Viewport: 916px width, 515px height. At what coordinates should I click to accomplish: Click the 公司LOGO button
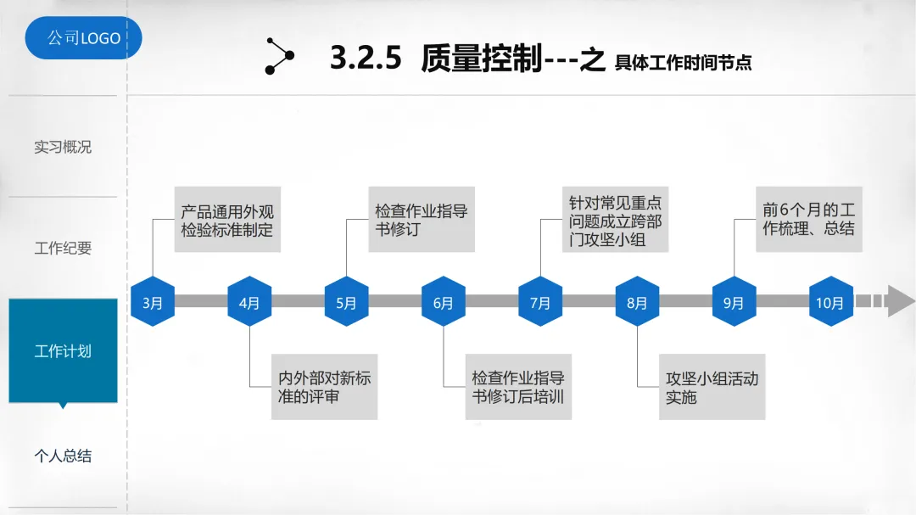83,38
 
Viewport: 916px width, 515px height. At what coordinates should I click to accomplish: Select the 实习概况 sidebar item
63,147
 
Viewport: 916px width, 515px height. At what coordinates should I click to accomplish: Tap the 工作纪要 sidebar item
63,249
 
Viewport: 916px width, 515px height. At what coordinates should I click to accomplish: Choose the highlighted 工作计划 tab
63,350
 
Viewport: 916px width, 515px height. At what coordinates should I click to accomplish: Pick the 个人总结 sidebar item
63,456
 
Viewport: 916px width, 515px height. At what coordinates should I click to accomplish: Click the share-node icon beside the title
279,56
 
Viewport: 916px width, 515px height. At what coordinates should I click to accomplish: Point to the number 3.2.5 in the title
365,59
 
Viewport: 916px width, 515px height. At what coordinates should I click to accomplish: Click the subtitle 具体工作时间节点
683,62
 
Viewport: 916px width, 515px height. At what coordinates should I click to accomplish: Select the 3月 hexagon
153,302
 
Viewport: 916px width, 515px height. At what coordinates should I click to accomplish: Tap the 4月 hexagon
249,302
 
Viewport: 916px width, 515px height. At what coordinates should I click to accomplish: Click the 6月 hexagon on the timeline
444,302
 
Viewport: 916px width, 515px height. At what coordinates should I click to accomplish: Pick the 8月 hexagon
637,302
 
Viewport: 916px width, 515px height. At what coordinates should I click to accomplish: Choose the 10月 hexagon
830,302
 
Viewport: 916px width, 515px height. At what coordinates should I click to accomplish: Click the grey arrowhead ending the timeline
900,301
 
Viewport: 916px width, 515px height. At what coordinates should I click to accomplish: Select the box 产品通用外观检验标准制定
227,220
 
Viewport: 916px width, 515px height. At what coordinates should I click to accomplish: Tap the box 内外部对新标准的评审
324,387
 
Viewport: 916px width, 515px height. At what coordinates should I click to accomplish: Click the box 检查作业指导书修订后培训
518,387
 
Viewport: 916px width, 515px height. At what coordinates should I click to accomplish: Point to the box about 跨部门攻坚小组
615,220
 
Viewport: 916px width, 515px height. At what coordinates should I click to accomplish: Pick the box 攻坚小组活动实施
712,387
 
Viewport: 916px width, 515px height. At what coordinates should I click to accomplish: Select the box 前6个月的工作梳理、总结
808,219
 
